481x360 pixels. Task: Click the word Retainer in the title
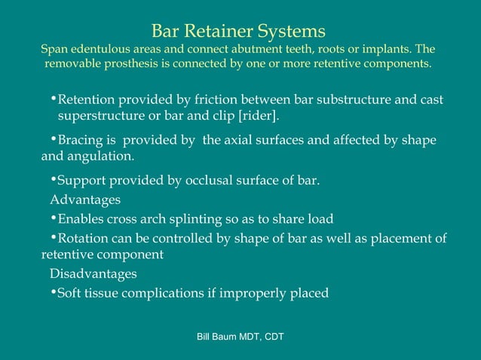(x=217, y=32)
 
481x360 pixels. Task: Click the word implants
(x=387, y=49)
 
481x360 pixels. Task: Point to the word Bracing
(x=81, y=141)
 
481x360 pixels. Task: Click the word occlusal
(x=201, y=181)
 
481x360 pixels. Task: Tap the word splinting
(x=203, y=219)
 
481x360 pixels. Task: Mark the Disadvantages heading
(x=93, y=273)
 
